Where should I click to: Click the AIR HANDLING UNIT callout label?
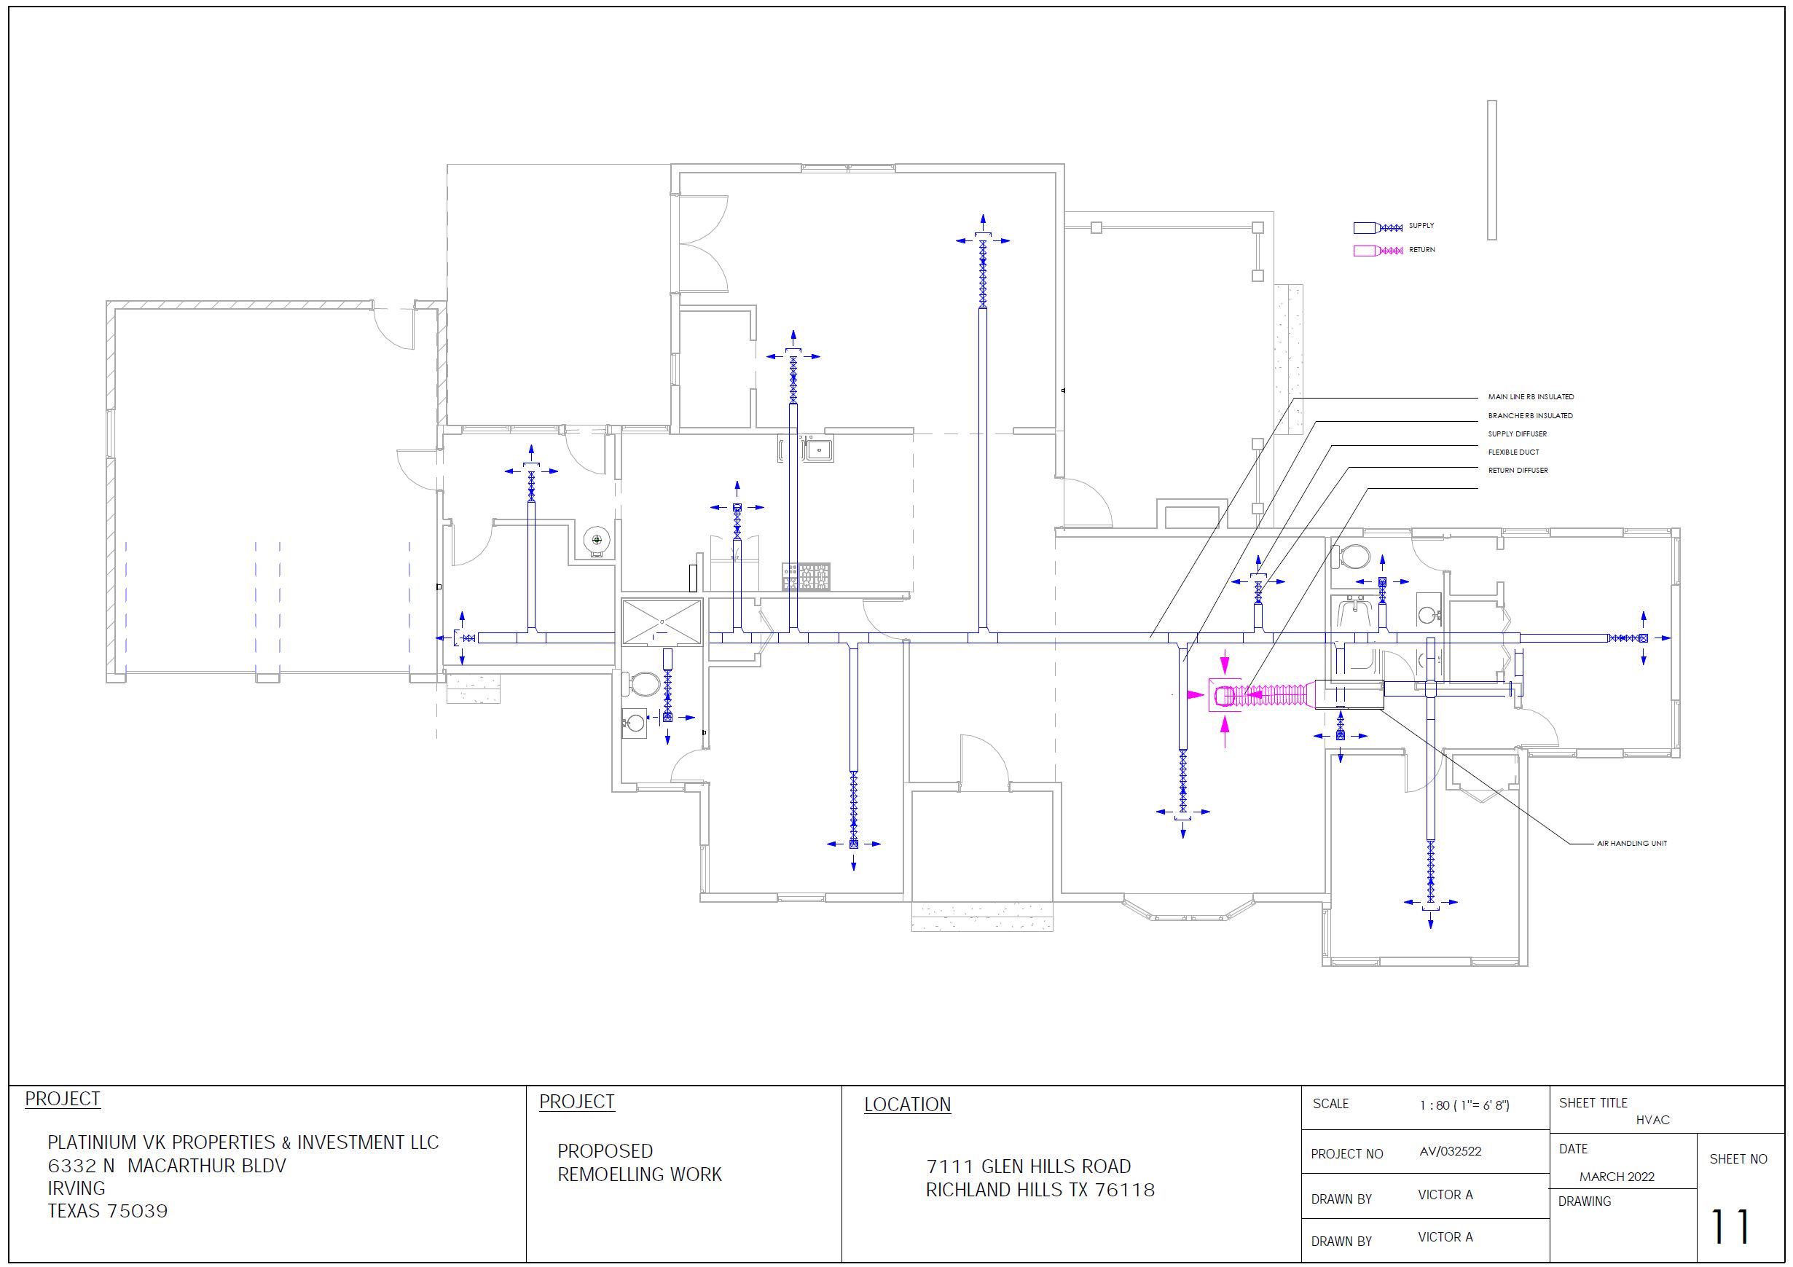point(1631,844)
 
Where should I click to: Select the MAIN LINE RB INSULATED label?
point(1531,397)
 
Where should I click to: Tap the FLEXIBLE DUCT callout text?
point(1513,452)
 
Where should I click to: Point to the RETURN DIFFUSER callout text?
point(1518,470)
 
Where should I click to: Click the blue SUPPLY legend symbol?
point(1378,228)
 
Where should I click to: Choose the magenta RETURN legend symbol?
point(1378,251)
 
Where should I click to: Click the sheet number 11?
point(1730,1227)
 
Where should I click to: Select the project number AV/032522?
point(1450,1151)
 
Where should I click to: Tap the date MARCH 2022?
point(1617,1177)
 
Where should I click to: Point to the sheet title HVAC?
point(1652,1120)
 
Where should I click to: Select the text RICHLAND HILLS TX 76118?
point(1040,1190)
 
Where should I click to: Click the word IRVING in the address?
point(76,1188)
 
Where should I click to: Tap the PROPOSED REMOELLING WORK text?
point(639,1162)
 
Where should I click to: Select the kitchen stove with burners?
point(806,576)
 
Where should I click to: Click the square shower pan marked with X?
point(662,621)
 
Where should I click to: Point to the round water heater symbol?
point(597,540)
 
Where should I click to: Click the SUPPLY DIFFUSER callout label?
point(1517,434)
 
